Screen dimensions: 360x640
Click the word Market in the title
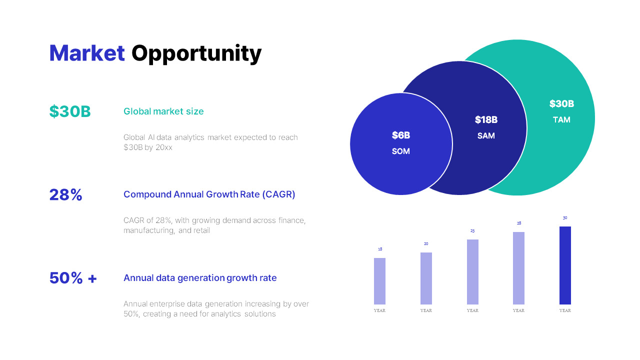click(87, 53)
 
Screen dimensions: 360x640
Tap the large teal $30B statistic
click(70, 111)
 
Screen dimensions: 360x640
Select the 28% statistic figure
click(65, 194)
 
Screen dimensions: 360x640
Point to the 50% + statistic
click(73, 278)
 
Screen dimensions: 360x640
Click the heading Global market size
click(163, 111)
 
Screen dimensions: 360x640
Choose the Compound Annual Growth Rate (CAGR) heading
click(209, 194)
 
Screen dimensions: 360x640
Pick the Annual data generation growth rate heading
click(200, 278)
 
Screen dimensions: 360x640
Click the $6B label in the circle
click(401, 135)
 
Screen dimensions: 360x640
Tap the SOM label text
click(401, 151)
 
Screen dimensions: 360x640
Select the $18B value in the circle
click(486, 120)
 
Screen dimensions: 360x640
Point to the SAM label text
click(486, 136)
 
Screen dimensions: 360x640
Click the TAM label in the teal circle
click(561, 120)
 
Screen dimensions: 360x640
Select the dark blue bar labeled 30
click(565, 265)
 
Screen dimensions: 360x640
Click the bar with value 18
click(379, 281)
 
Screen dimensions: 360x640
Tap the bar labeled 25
click(472, 272)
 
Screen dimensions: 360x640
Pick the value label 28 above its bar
click(519, 223)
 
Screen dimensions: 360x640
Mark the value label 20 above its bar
click(426, 244)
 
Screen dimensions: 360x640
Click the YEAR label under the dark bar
click(565, 310)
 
